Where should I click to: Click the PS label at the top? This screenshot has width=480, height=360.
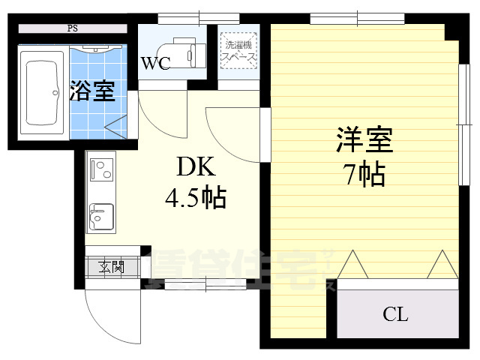(x=73, y=29)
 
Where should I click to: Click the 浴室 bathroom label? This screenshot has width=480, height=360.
(x=92, y=91)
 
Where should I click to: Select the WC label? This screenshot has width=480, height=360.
(x=155, y=64)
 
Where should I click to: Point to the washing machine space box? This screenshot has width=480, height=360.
(x=238, y=49)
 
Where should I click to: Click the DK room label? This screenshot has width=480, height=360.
(x=192, y=166)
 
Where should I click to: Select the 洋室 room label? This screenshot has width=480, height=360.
(x=364, y=141)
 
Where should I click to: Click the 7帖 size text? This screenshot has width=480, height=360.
(x=364, y=175)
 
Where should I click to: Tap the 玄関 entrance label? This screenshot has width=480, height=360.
(x=111, y=266)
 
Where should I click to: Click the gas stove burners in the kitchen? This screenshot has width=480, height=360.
(x=101, y=170)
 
